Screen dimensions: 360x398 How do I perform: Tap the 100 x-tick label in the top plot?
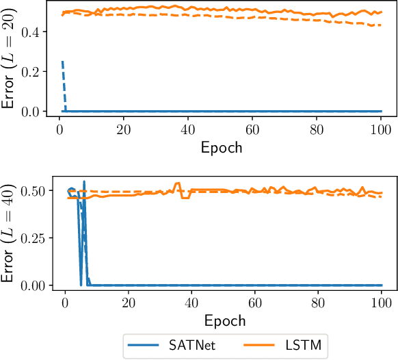pos(381,129)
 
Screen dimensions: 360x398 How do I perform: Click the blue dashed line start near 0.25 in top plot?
pos(62,62)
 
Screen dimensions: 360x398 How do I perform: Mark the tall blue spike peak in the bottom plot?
pos(84,181)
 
